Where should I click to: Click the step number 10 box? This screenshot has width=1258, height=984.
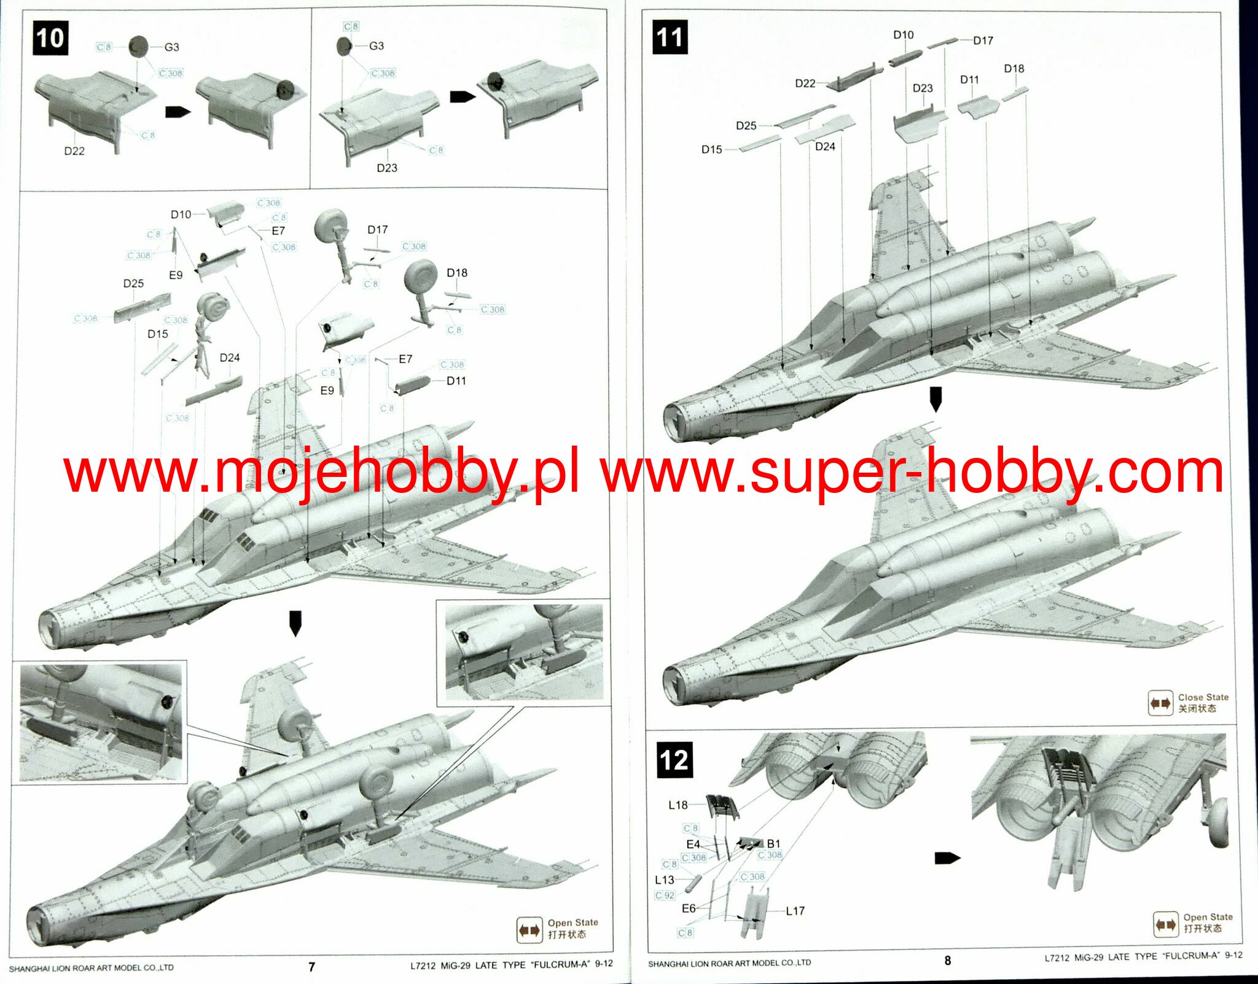coord(50,38)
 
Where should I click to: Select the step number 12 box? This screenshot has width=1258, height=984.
coord(674,760)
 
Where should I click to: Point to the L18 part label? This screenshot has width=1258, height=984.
coord(678,805)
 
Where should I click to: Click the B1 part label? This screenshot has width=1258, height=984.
coord(773,844)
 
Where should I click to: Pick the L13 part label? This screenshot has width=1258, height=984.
coord(665,880)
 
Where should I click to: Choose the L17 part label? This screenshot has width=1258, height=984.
coord(795,911)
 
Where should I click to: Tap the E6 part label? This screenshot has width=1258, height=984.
coord(689,908)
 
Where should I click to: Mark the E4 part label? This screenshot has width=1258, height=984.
coord(693,844)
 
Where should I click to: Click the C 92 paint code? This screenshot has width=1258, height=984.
coord(665,895)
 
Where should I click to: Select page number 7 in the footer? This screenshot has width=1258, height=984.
coord(311,967)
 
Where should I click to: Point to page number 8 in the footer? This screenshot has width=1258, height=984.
coord(947,961)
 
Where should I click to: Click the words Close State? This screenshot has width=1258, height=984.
coord(1203,697)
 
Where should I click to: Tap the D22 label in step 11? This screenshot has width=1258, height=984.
coord(805,83)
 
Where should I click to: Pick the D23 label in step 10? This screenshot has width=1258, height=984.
coord(387,168)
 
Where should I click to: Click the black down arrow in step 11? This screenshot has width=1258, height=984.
coord(936,400)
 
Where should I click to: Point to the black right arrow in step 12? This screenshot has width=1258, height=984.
coord(947,857)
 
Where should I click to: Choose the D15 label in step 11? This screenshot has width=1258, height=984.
coord(711,149)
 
